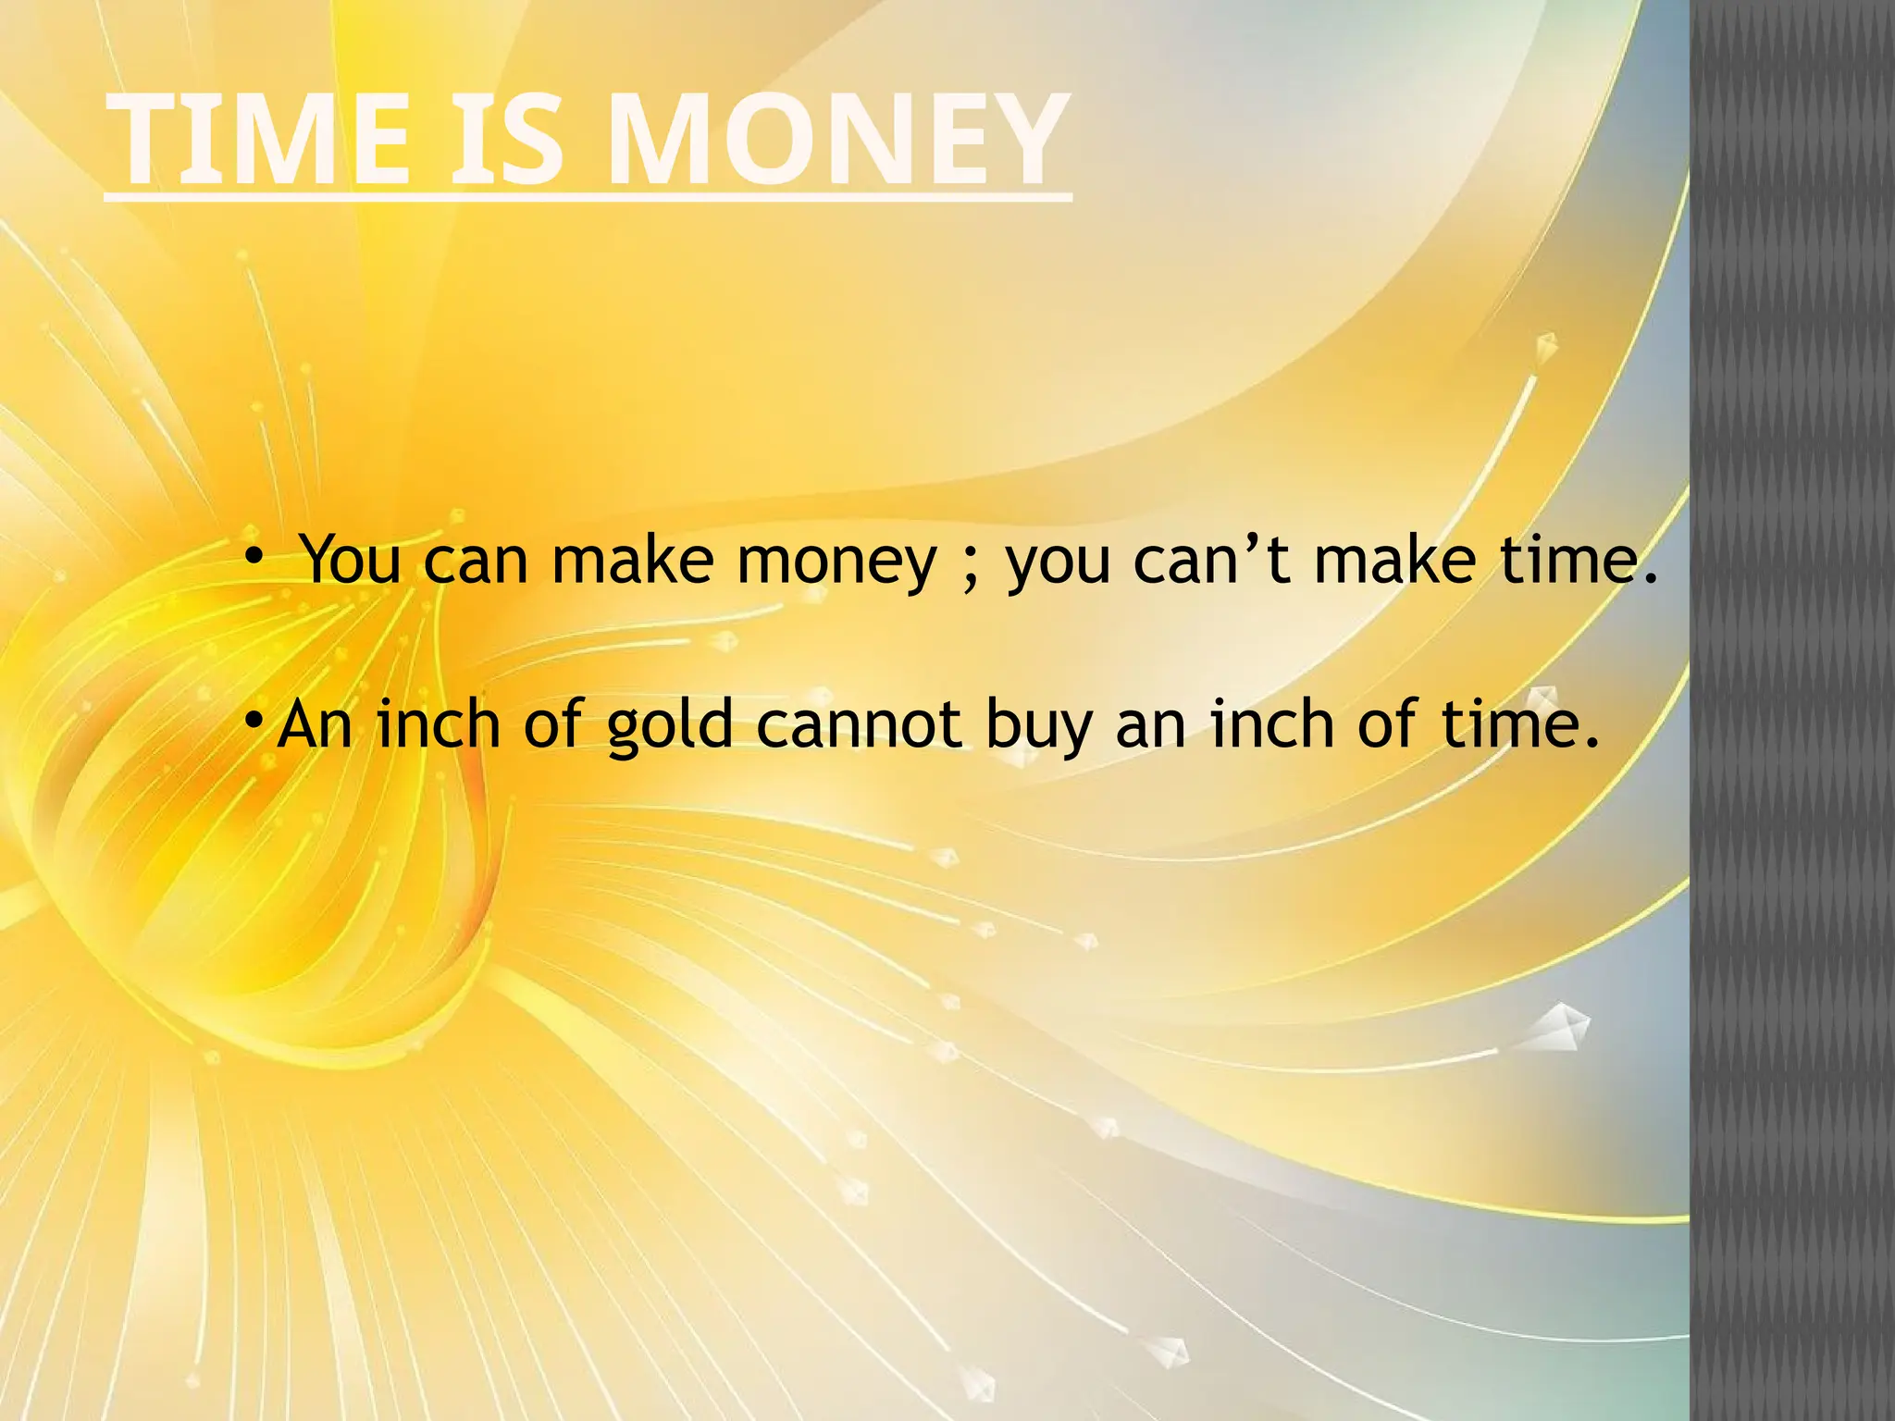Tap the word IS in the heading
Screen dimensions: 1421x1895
[505, 141]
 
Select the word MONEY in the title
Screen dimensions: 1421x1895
[838, 141]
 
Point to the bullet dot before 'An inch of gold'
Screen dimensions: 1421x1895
[253, 719]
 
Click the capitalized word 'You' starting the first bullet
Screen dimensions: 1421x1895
[351, 560]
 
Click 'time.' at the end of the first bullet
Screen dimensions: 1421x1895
[1579, 560]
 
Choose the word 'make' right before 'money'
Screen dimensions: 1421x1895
[633, 560]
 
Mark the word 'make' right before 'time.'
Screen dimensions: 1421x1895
[1394, 560]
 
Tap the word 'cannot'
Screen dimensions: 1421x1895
[859, 724]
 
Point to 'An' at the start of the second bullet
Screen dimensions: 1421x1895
[315, 723]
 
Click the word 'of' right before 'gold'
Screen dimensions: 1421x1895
[552, 723]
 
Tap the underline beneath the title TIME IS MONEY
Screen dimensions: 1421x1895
[588, 197]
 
